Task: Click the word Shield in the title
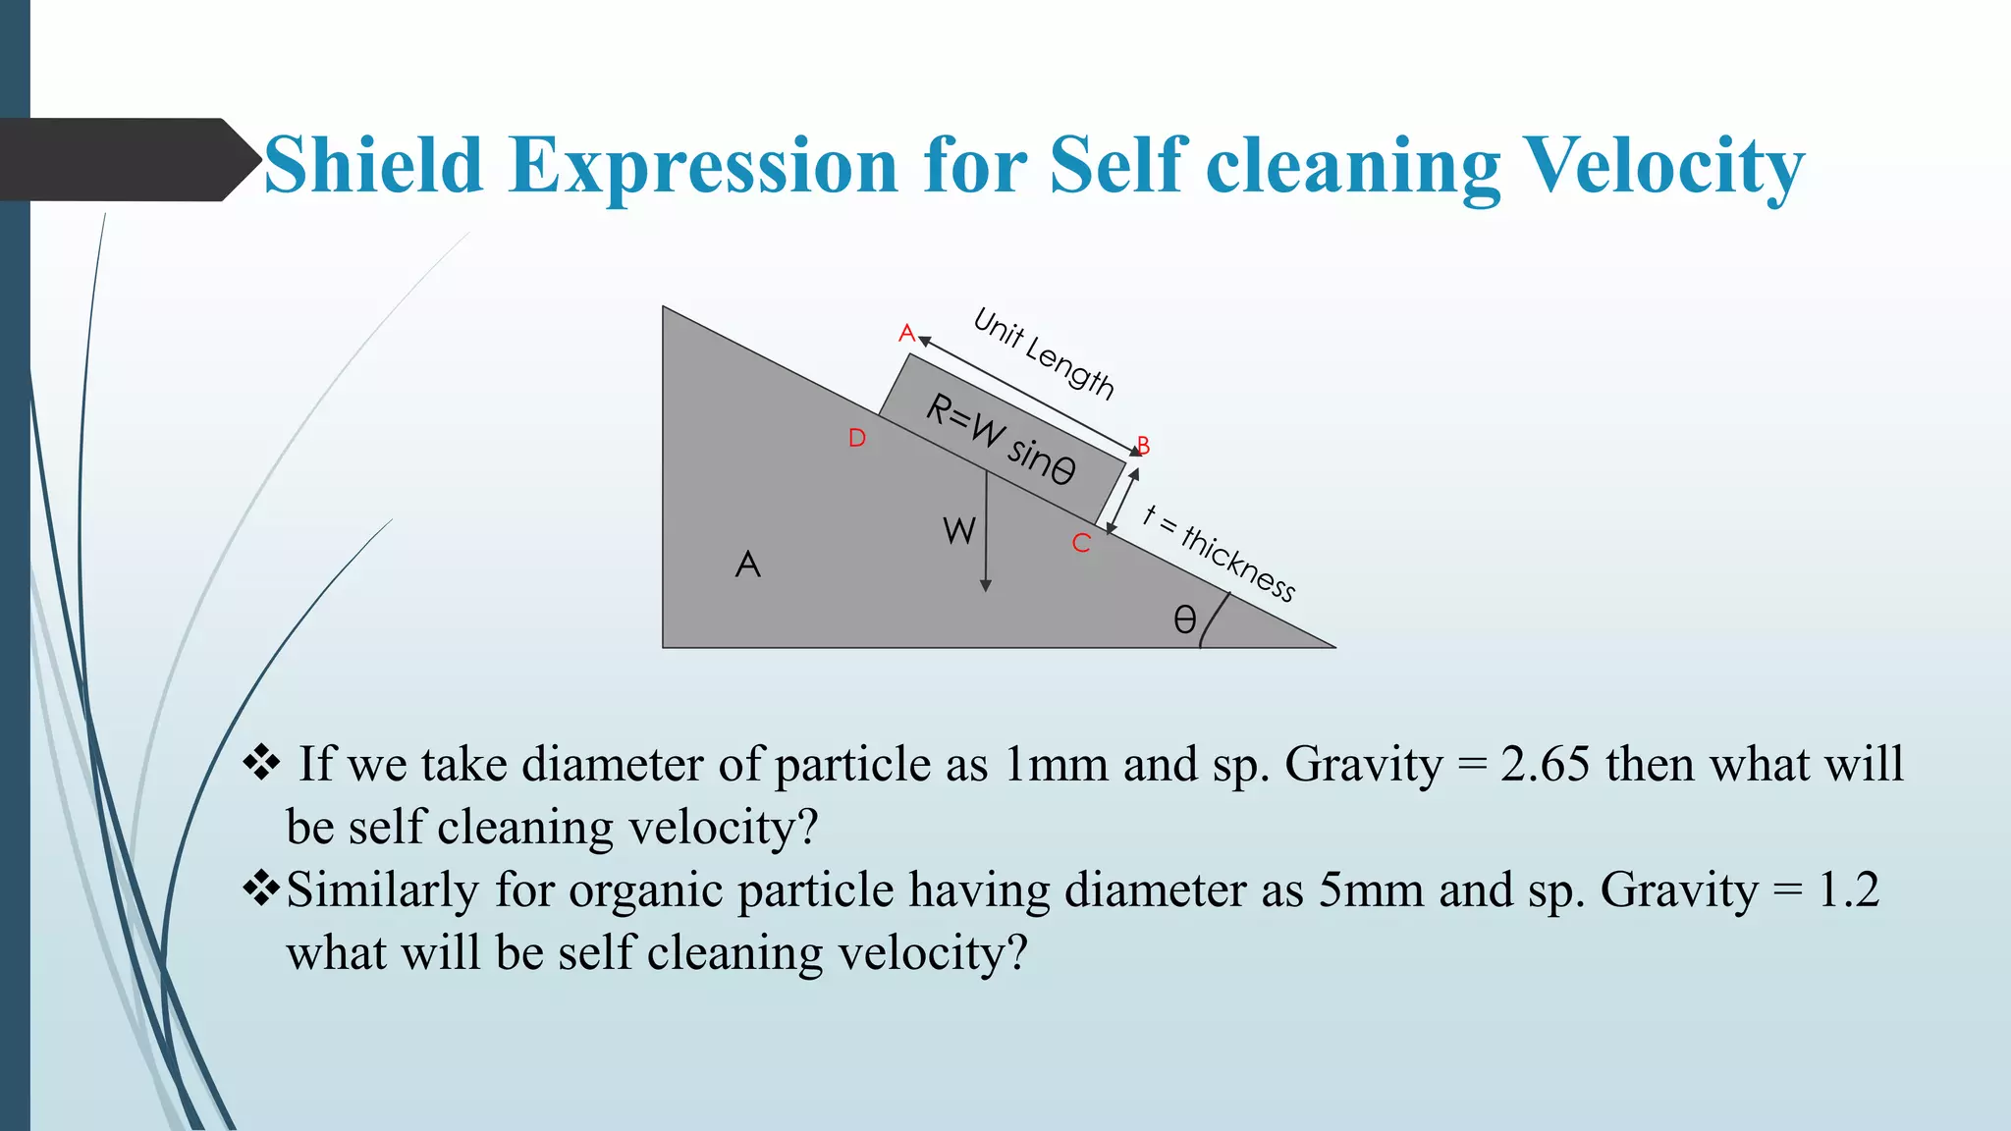pyautogui.click(x=373, y=165)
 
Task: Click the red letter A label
pyautogui.click(x=906, y=333)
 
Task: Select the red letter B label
pyautogui.click(x=1143, y=446)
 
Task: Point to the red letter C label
pyautogui.click(x=1081, y=543)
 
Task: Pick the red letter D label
pyautogui.click(x=857, y=438)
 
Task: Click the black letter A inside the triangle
pyautogui.click(x=747, y=565)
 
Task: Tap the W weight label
pyautogui.click(x=958, y=531)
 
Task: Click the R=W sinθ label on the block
pyautogui.click(x=1001, y=439)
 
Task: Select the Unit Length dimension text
pyautogui.click(x=1044, y=353)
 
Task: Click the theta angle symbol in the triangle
pyautogui.click(x=1185, y=619)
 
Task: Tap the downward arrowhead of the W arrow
pyautogui.click(x=986, y=585)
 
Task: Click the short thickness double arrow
pyautogui.click(x=1121, y=501)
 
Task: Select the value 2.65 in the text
pyautogui.click(x=1545, y=764)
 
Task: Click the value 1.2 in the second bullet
pyautogui.click(x=1848, y=889)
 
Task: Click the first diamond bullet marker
pyautogui.click(x=261, y=763)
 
